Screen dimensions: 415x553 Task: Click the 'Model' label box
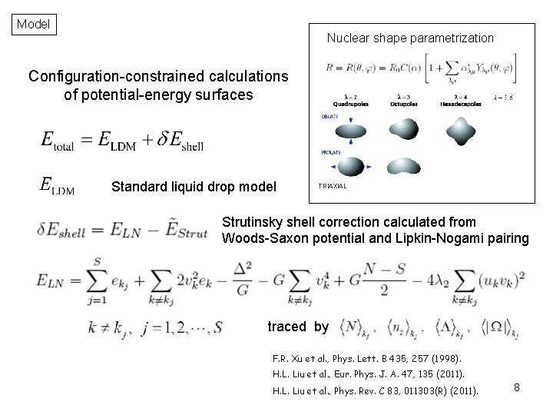(x=33, y=24)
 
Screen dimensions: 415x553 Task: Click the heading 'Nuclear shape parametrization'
(x=410, y=38)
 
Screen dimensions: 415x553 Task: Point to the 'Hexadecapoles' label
(x=461, y=103)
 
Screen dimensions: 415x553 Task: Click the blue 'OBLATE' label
(x=330, y=116)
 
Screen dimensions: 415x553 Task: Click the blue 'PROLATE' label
(x=331, y=152)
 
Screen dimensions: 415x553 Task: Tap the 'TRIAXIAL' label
(x=333, y=186)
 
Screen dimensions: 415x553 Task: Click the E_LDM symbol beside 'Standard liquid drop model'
(x=57, y=186)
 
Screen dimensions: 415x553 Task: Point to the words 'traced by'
(x=298, y=327)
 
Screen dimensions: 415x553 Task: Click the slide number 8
(x=517, y=387)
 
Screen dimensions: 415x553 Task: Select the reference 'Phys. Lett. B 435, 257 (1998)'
(x=392, y=358)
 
